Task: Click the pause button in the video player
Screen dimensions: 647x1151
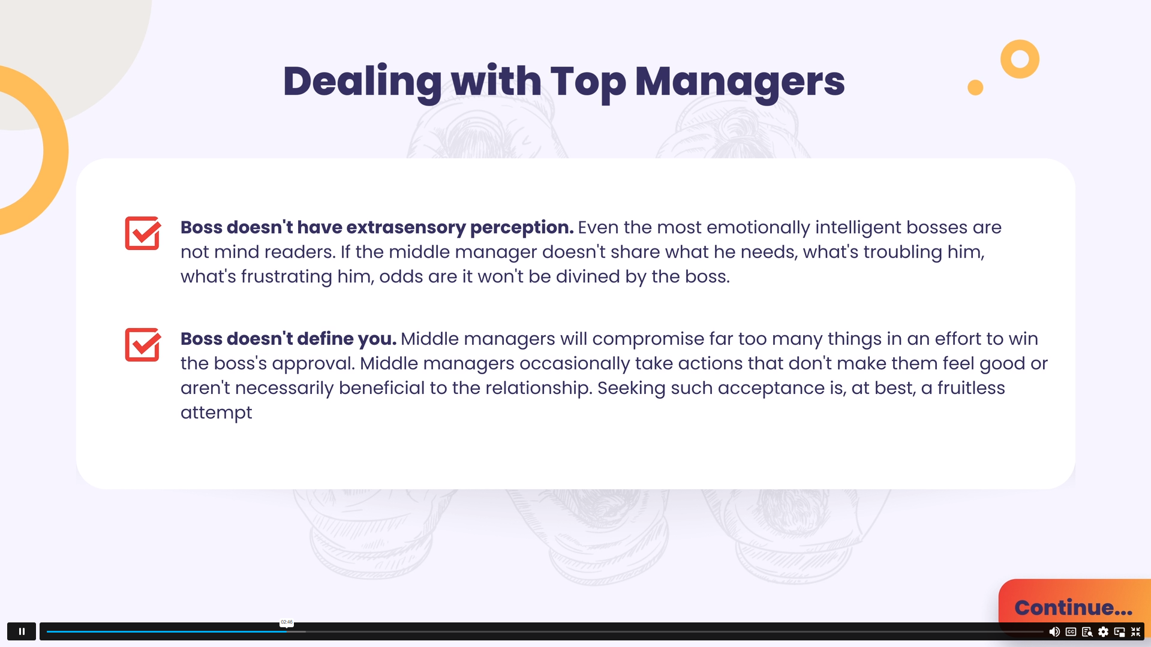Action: (22, 631)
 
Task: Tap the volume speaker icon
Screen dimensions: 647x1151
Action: (1054, 631)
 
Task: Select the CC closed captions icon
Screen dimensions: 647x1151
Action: (1071, 631)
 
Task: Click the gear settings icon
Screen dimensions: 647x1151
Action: (1103, 631)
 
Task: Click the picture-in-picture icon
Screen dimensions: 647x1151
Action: (1119, 631)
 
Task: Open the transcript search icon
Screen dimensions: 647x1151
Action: (1087, 631)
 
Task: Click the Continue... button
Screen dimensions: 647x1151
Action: (1073, 607)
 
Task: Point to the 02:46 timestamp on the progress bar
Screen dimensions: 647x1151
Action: (287, 622)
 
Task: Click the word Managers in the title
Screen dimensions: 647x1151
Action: (740, 82)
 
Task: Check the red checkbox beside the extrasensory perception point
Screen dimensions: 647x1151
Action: (143, 233)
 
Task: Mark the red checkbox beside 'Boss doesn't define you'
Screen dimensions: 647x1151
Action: (143, 345)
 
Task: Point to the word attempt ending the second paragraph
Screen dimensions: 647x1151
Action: (216, 413)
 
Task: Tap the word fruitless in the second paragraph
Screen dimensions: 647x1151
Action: (971, 388)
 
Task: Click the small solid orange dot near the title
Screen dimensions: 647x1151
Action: (975, 88)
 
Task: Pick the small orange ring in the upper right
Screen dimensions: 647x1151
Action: (1020, 59)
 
